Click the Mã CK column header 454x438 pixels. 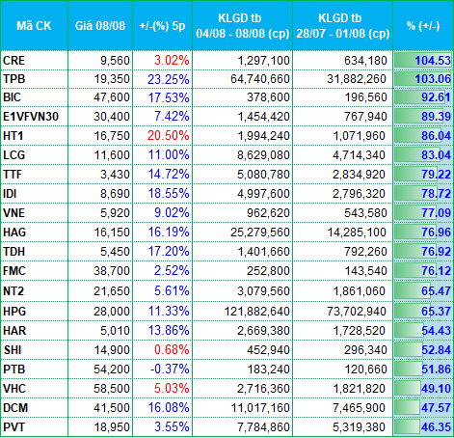pyautogui.click(x=34, y=26)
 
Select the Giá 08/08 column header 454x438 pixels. pyautogui.click(x=100, y=26)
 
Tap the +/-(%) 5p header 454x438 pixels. pyautogui.click(x=162, y=26)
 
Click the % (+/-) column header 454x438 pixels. pyautogui.click(x=423, y=26)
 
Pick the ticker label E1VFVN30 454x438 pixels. pyautogui.click(x=31, y=117)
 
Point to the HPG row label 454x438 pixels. pyautogui.click(x=14, y=312)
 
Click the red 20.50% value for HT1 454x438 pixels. pyautogui.click(x=168, y=136)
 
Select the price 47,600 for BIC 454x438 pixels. pyautogui.click(x=112, y=97)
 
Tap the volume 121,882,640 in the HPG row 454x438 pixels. pyautogui.click(x=257, y=312)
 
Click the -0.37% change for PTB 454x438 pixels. pyautogui.click(x=170, y=370)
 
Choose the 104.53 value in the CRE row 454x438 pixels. pyautogui.click(x=433, y=61)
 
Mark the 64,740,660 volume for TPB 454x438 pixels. pyautogui.click(x=260, y=79)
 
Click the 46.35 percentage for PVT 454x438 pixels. pyautogui.click(x=436, y=427)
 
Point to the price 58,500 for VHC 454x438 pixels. pyautogui.click(x=112, y=389)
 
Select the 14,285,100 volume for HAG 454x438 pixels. pyautogui.click(x=357, y=233)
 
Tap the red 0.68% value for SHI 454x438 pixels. pyautogui.click(x=172, y=350)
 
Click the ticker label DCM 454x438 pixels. pyautogui.click(x=15, y=408)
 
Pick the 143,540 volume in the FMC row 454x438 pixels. pyautogui.click(x=365, y=271)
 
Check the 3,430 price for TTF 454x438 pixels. pyautogui.click(x=115, y=175)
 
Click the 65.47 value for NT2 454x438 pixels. pyautogui.click(x=436, y=291)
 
